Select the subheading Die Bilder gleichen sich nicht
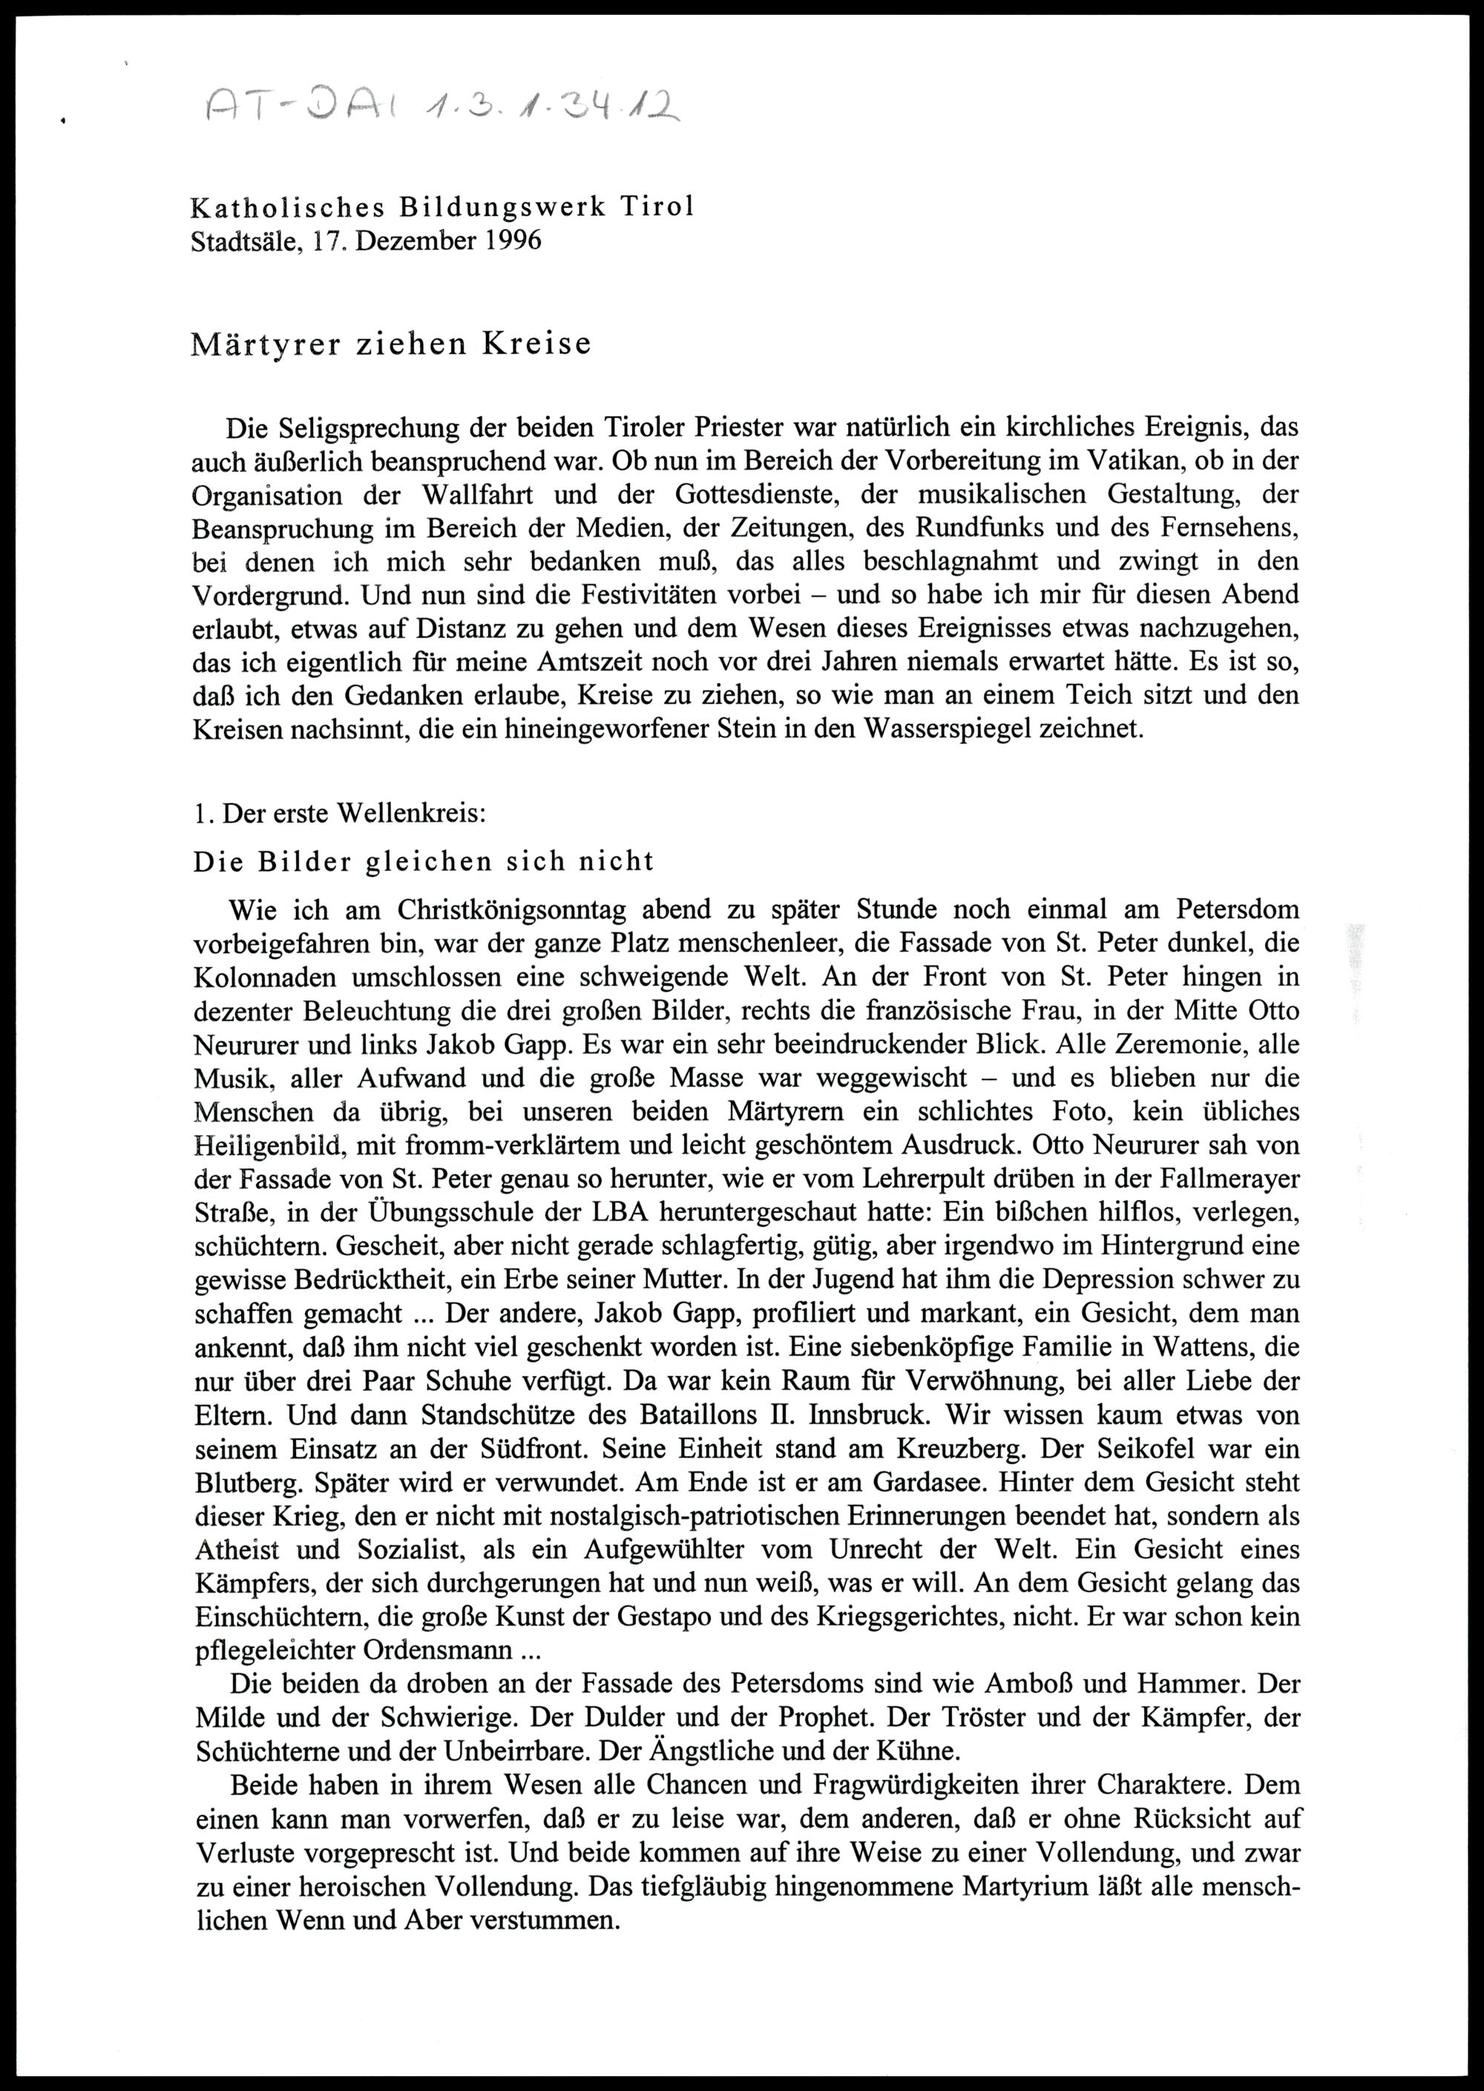[423, 861]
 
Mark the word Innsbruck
[864, 1414]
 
